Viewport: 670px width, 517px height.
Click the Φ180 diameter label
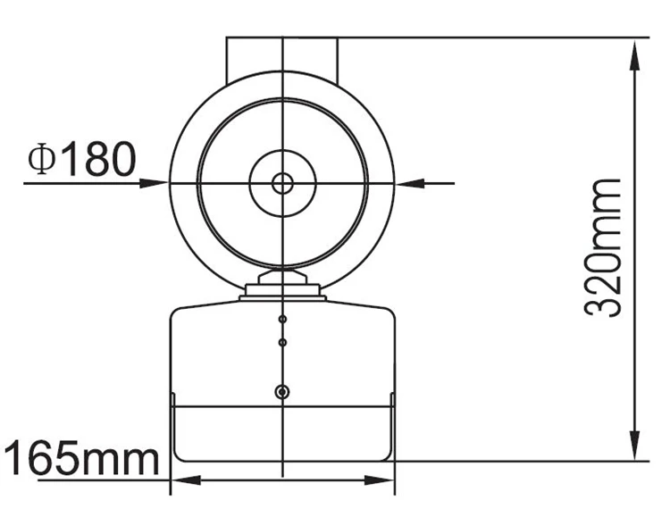pos(82,158)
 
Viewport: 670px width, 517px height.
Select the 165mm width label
pos(81,460)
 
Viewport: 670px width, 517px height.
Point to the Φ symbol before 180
pos(41,159)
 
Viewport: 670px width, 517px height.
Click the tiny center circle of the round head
pos(282,183)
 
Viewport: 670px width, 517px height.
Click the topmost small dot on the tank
pos(282,320)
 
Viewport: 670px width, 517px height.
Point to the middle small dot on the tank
pos(282,342)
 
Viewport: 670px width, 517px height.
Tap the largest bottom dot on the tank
pos(282,392)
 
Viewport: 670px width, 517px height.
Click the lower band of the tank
pos(282,433)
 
